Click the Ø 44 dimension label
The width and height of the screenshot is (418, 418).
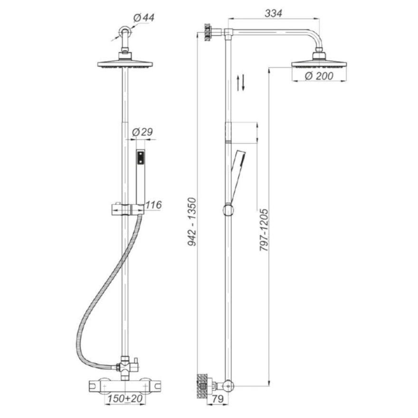point(143,18)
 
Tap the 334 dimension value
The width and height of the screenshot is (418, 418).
point(273,13)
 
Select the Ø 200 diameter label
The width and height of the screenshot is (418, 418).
point(319,76)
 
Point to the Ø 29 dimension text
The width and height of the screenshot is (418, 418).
point(142,132)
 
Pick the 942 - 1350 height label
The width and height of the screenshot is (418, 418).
point(192,222)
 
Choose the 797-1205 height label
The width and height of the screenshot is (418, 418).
point(264,230)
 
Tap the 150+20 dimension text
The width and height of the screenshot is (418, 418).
point(125,399)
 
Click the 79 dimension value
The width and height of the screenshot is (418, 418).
point(218,399)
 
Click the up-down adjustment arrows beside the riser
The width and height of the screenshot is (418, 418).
point(241,83)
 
